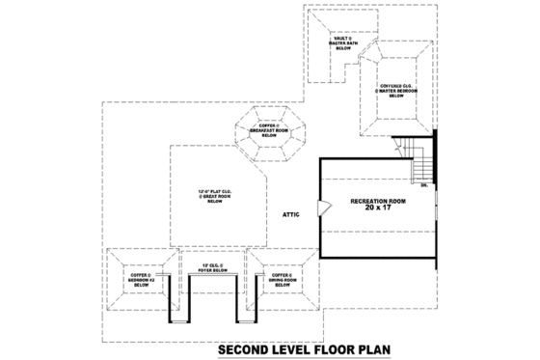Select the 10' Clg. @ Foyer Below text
coord(210,267)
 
